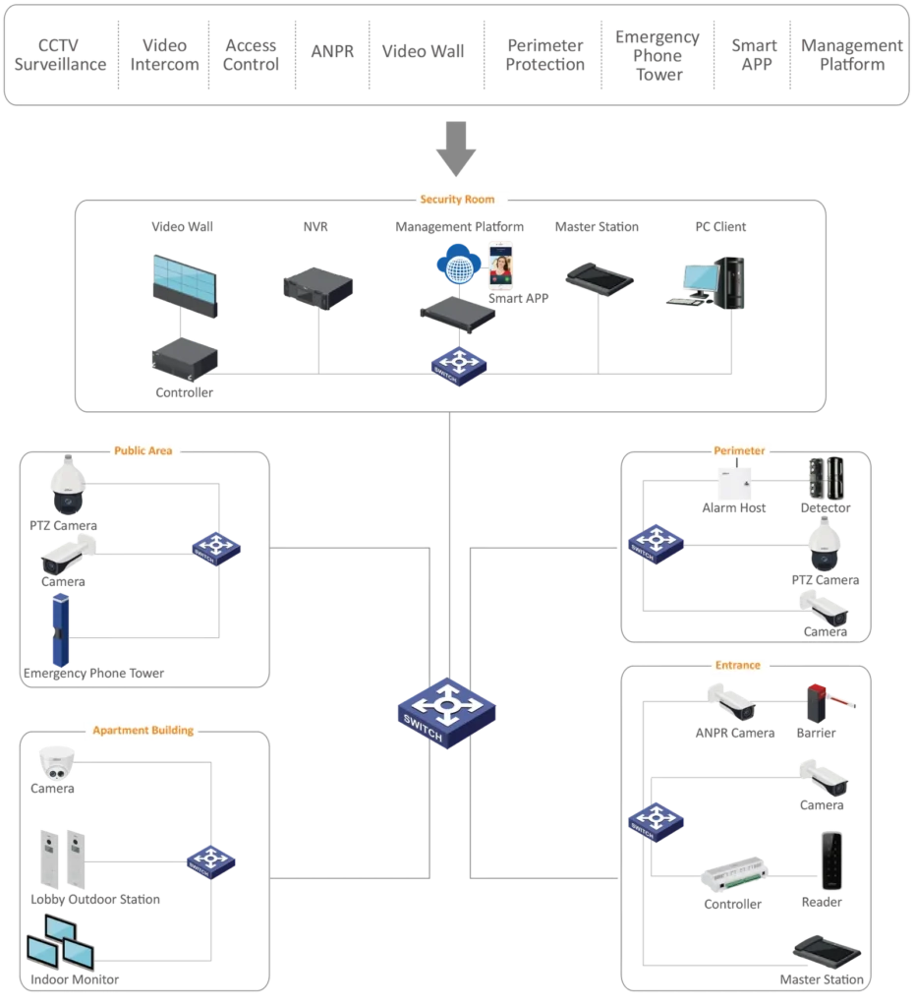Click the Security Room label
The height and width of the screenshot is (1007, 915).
pos(457,200)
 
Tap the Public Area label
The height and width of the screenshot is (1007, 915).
pos(143,451)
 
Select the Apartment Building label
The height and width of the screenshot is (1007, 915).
pos(148,731)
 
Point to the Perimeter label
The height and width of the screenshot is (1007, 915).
pos(739,451)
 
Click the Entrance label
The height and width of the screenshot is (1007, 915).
pos(738,666)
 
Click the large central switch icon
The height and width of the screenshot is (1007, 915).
pos(447,713)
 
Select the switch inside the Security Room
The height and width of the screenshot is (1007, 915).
pos(459,366)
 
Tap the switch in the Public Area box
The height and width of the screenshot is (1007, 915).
pos(216,548)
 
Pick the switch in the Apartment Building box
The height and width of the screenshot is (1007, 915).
pos(209,860)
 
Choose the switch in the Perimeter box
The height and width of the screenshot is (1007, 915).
pos(655,544)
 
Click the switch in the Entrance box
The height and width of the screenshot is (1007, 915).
pos(656,821)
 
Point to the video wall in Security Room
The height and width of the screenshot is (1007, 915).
pos(185,285)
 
